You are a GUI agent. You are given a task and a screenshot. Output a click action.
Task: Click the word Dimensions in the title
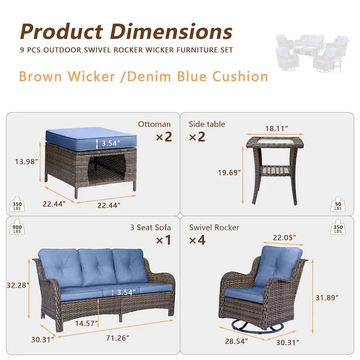coord(171,32)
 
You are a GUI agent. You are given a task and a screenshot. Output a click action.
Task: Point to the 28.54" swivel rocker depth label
coord(237,341)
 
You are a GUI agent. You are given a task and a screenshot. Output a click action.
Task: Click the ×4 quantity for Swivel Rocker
coord(198,240)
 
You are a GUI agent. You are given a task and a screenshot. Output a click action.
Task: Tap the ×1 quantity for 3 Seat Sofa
coord(163,240)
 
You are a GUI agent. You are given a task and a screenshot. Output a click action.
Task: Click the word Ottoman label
coord(154,124)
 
